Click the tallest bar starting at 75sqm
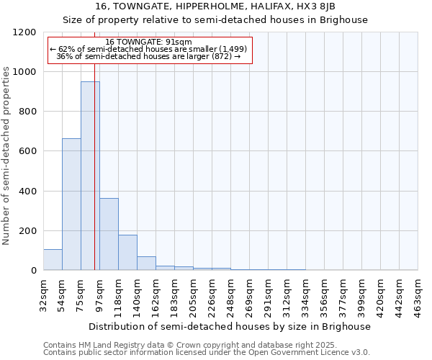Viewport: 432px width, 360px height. pyautogui.click(x=90, y=176)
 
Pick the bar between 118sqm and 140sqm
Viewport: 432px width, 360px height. pyautogui.click(x=127, y=253)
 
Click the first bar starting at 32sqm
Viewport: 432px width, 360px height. pyautogui.click(x=53, y=260)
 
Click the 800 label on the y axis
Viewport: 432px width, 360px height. pyautogui.click(x=27, y=112)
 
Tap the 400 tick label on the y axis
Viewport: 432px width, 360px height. pyautogui.click(x=27, y=192)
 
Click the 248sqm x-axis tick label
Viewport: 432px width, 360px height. pyautogui.click(x=230, y=294)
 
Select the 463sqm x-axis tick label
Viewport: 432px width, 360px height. pyautogui.click(x=418, y=294)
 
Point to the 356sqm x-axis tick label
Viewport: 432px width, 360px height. pyautogui.click(x=324, y=294)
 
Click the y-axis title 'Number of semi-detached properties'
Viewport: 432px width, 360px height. pyautogui.click(x=6, y=152)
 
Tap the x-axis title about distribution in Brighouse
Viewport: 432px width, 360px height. pyautogui.click(x=230, y=326)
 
